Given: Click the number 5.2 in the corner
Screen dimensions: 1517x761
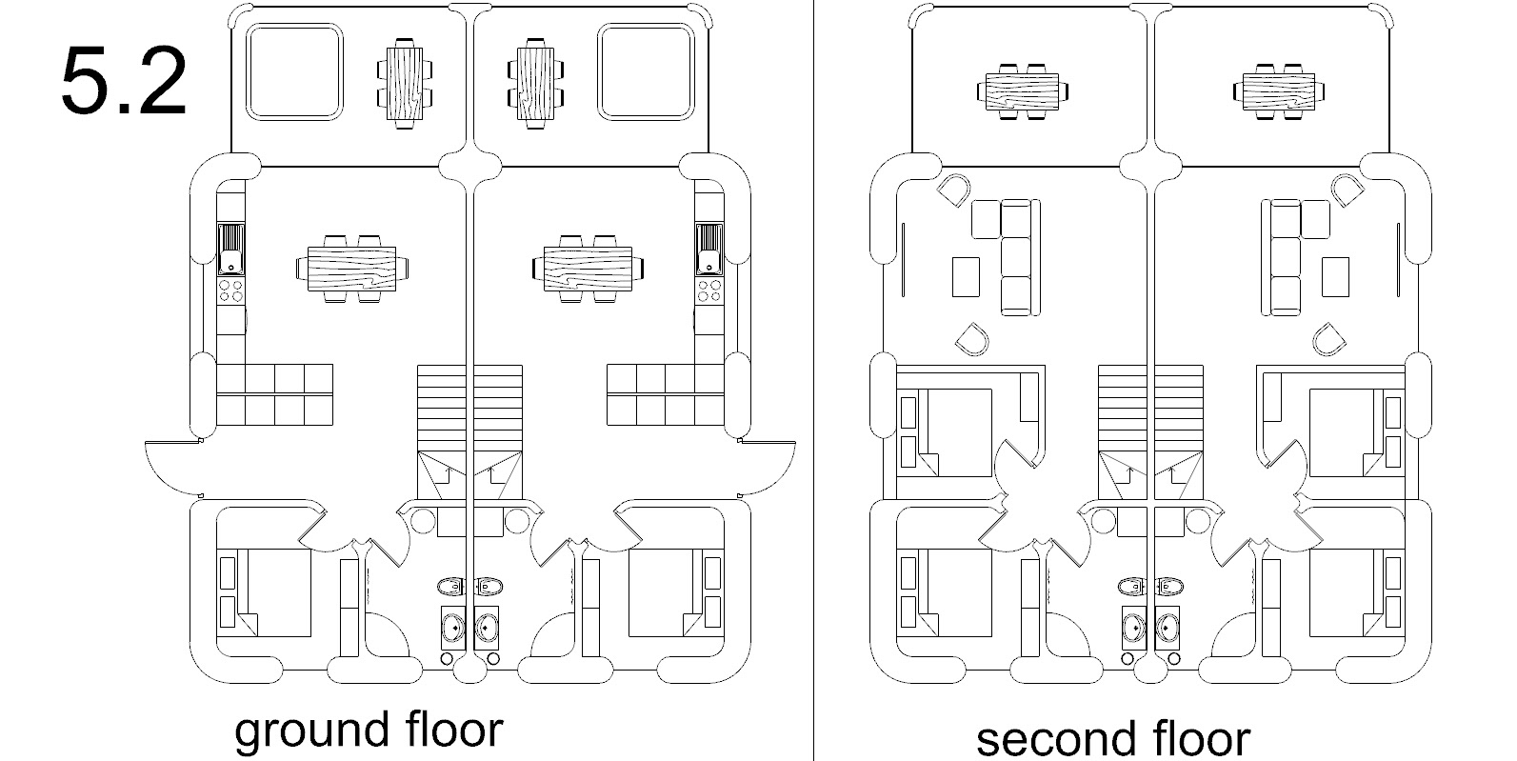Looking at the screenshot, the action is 123,82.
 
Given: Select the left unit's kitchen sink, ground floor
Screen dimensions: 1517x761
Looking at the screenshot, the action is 231,250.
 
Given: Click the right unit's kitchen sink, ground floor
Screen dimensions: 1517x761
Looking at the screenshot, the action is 709,250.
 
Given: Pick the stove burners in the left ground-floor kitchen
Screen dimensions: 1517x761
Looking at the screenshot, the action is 231,290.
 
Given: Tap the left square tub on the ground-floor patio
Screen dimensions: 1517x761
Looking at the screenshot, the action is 294,72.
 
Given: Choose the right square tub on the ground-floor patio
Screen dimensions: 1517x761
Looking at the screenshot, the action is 645,72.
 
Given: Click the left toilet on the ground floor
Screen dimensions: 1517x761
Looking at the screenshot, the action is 450,586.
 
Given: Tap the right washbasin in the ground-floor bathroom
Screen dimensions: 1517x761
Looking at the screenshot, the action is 488,628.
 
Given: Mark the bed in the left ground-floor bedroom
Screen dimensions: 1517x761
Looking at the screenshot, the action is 273,592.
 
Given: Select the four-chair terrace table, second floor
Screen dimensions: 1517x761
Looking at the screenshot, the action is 1278,91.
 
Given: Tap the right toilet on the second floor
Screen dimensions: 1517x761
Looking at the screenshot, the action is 1168,586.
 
